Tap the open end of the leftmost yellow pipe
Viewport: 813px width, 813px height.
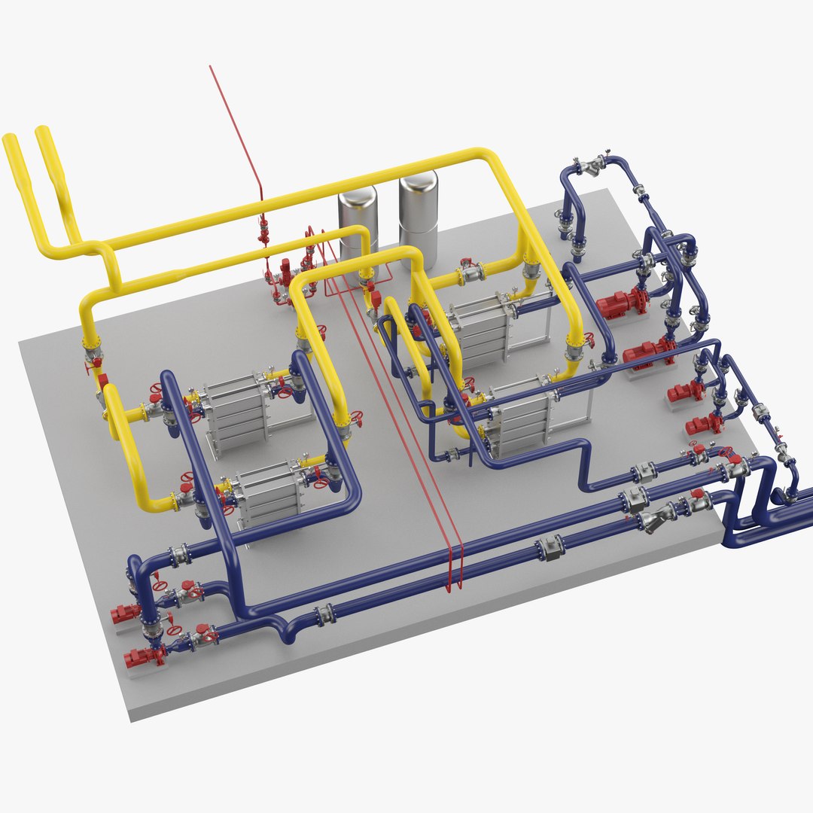click(x=10, y=139)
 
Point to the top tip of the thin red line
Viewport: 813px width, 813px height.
click(x=210, y=66)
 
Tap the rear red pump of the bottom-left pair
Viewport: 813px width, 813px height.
click(x=125, y=613)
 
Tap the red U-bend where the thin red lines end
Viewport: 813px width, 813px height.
click(x=453, y=576)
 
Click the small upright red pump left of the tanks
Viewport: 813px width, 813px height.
click(x=285, y=272)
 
